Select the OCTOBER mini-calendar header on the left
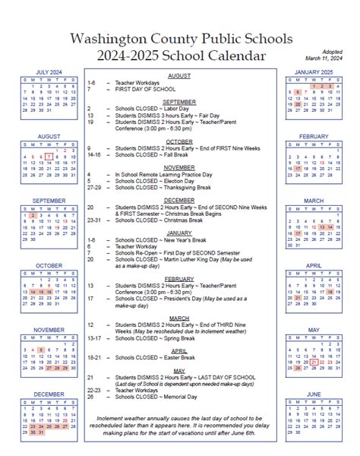[49, 265]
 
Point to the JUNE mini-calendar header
[314, 394]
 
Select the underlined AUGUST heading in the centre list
[179, 76]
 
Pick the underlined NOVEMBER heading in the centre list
[179, 166]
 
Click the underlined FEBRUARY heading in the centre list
[179, 278]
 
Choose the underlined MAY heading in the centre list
[179, 370]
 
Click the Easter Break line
[151, 356]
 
